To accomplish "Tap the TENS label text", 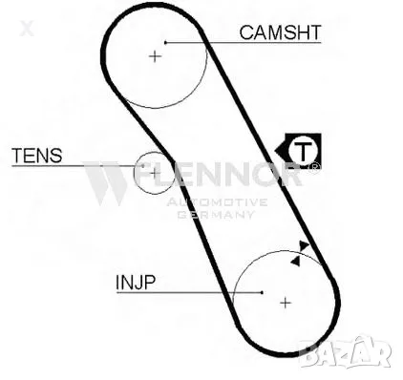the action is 36,155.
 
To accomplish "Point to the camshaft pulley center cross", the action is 156,56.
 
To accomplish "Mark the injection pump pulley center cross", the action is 285,303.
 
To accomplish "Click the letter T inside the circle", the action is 303,151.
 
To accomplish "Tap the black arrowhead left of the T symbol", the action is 281,151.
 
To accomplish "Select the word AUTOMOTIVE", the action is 217,202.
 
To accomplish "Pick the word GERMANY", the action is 217,214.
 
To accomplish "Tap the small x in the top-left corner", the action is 26,28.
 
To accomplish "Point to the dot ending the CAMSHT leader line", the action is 166,42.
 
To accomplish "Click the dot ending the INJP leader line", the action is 262,291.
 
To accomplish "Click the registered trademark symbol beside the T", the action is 316,165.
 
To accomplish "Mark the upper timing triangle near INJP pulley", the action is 305,245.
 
